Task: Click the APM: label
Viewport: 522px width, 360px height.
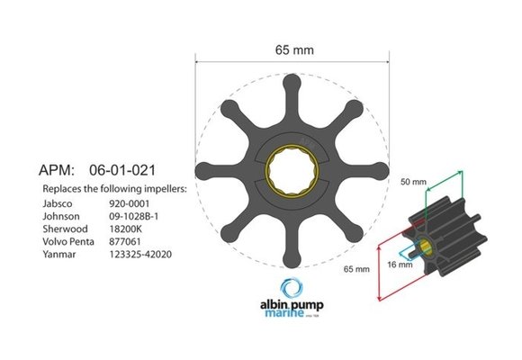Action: [x=61, y=168]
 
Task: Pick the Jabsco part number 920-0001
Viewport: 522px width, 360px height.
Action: [x=127, y=203]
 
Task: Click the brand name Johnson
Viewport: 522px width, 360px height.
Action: [x=62, y=216]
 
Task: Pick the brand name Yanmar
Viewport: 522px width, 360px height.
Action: [x=60, y=254]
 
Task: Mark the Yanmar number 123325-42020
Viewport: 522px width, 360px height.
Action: [x=141, y=254]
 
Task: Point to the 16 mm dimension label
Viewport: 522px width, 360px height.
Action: [x=400, y=264]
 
